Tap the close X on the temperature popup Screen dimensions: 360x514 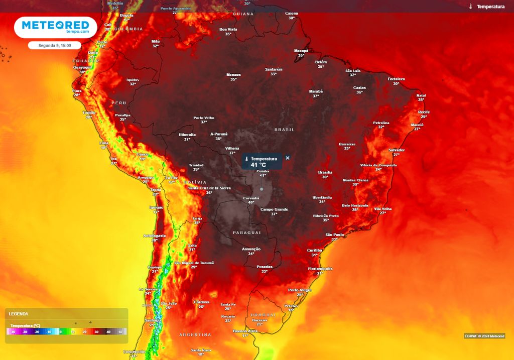(x=288, y=158)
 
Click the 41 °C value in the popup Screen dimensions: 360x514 (x=258, y=165)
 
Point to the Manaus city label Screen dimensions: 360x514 (x=233, y=75)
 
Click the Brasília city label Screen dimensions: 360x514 (x=325, y=172)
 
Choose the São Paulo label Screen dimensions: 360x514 (x=334, y=234)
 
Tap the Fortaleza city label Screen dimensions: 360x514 (x=396, y=79)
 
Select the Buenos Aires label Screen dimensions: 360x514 (x=245, y=331)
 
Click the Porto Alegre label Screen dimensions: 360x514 (x=300, y=290)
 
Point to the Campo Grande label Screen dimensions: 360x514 (x=274, y=209)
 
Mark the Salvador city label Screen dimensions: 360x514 (x=396, y=150)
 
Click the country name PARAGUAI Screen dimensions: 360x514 (x=246, y=232)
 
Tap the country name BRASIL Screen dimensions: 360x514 (x=284, y=130)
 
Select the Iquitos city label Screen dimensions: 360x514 (x=133, y=79)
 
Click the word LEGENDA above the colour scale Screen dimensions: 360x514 (x=19, y=314)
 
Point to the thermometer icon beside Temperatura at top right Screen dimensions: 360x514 (x=470, y=7)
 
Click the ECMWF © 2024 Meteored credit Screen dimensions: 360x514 (x=484, y=336)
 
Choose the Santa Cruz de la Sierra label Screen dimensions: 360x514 (x=209, y=188)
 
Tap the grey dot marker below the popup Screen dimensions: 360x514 (x=262, y=189)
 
